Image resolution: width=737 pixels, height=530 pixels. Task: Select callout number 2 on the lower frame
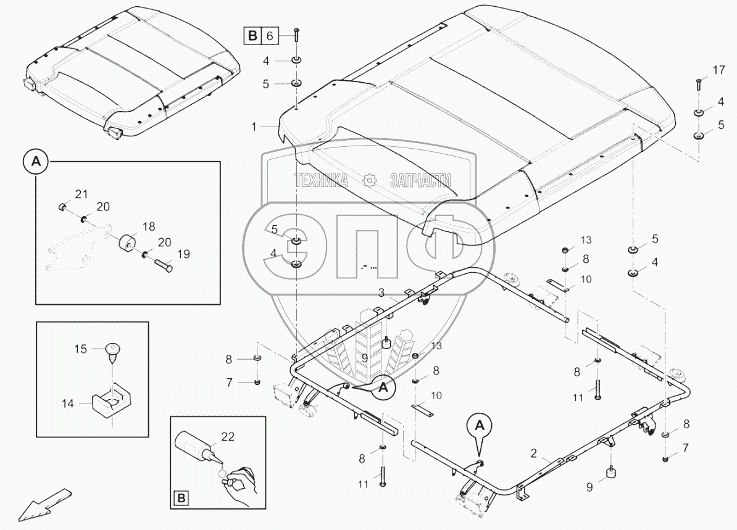(532, 453)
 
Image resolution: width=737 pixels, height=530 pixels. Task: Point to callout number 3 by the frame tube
(382, 296)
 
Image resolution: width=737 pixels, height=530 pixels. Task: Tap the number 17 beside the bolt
(718, 70)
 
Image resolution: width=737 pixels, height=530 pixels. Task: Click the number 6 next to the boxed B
(269, 36)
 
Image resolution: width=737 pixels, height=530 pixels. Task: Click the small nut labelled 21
(63, 205)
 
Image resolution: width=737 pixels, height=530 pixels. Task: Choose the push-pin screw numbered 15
(114, 352)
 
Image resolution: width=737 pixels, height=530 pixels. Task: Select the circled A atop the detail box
(36, 162)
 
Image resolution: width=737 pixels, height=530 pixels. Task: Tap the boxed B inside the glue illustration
(182, 498)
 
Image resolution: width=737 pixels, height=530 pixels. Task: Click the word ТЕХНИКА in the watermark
(321, 180)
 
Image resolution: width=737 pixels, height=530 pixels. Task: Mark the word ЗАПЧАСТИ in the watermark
(420, 180)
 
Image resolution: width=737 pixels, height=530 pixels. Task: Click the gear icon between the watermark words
(370, 180)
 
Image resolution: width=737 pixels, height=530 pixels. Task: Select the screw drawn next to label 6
(297, 35)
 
